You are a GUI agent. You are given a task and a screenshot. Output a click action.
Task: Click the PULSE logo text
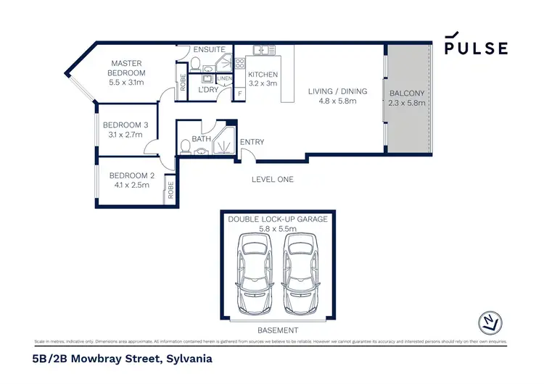click(x=476, y=48)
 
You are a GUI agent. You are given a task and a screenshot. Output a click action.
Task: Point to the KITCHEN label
click(x=263, y=75)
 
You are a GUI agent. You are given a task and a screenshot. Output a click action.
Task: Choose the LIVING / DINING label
click(x=337, y=91)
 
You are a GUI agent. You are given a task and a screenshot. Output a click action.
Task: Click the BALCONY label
click(x=407, y=93)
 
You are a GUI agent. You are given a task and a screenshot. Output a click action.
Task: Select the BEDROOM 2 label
click(x=131, y=175)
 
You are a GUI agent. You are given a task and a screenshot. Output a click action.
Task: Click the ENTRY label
click(x=252, y=142)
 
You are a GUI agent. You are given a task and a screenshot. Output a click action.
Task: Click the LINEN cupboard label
click(x=225, y=78)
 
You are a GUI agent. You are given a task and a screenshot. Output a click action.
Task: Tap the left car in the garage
click(x=253, y=275)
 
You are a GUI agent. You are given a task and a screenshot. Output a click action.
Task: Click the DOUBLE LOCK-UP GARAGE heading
click(x=278, y=219)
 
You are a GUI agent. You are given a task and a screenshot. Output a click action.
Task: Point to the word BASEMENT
click(x=278, y=330)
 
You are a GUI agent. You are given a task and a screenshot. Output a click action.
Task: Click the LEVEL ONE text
click(x=273, y=179)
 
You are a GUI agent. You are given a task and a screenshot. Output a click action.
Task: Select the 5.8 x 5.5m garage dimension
click(x=278, y=229)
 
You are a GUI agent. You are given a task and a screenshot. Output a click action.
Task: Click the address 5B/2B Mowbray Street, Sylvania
click(x=123, y=358)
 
